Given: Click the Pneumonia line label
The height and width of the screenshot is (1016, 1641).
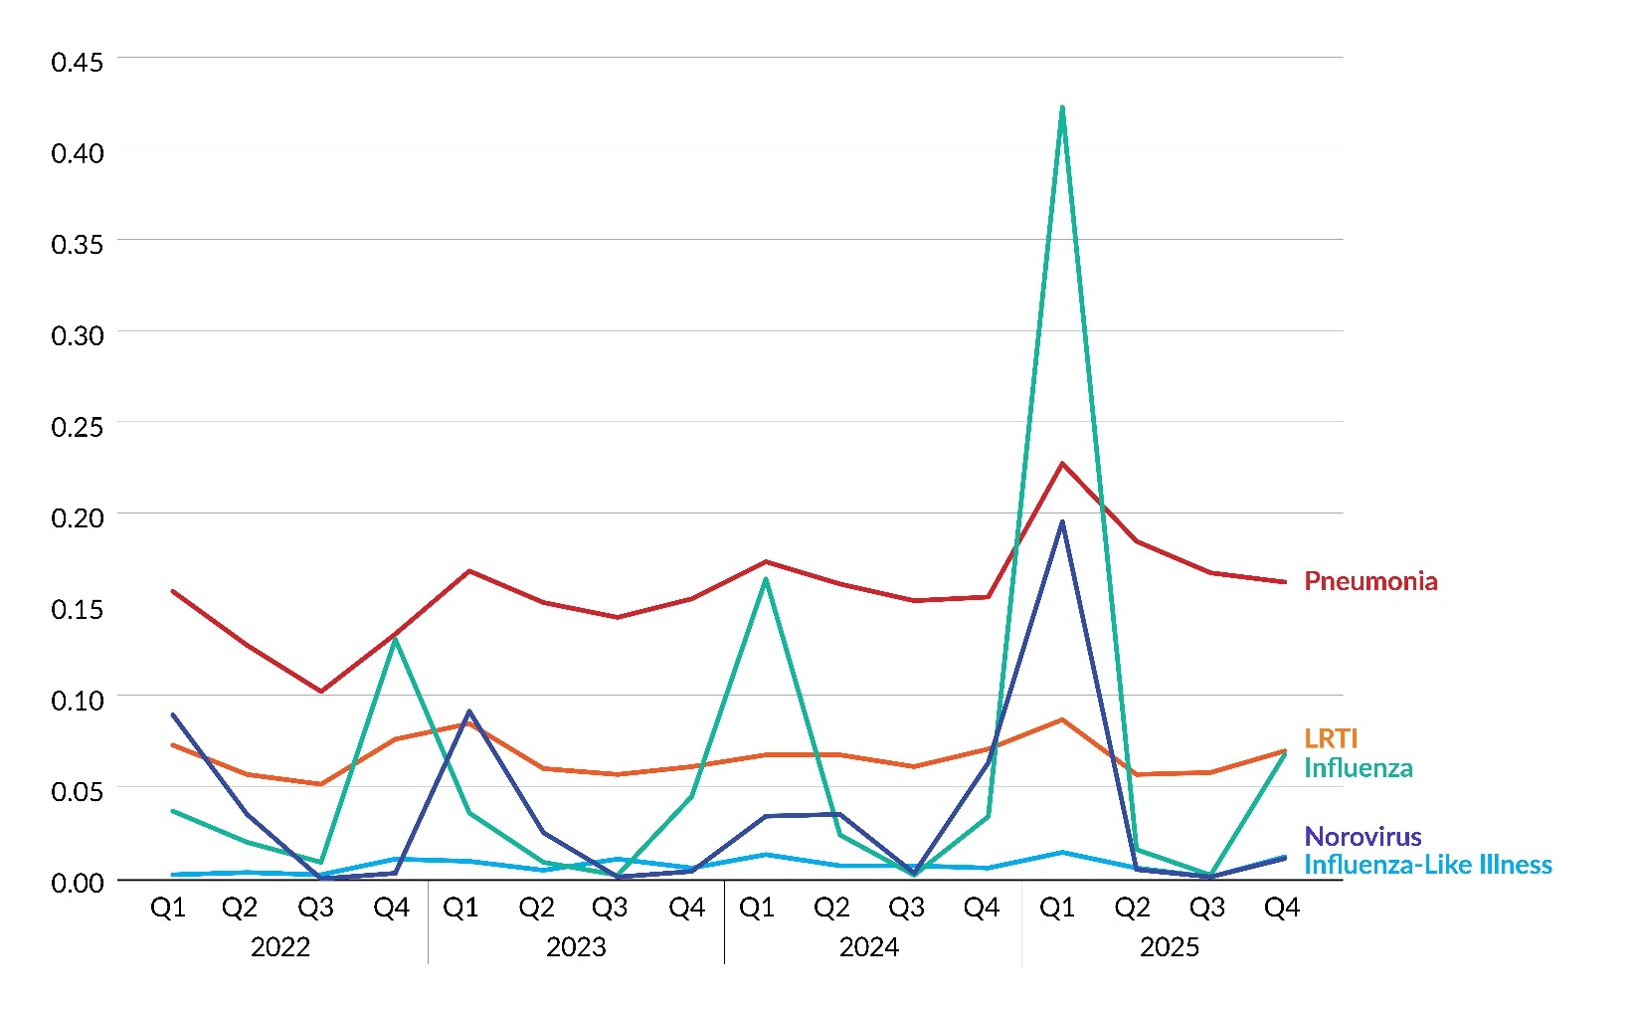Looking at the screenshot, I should coord(1369,581).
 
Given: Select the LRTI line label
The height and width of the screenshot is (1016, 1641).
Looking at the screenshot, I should coord(1330,738).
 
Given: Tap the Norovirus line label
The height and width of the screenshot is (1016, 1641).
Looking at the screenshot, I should coord(1362,837).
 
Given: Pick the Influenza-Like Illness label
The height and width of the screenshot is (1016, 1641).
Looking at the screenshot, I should coord(1427,865).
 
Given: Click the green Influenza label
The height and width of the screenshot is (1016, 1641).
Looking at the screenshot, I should coord(1358,768).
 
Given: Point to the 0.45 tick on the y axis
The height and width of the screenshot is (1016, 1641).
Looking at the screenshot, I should coord(77,62).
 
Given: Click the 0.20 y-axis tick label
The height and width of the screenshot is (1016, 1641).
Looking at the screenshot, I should coord(77,517).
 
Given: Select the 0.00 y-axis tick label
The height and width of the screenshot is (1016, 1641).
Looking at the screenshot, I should coord(77,882).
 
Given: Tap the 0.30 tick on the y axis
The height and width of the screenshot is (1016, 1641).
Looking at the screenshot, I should coord(77,335).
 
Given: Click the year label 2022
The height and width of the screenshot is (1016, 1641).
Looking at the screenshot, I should coord(279,946).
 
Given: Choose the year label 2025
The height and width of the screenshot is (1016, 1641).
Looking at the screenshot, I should coord(1169,946).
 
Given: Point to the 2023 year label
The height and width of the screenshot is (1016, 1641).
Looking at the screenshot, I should coord(576,946).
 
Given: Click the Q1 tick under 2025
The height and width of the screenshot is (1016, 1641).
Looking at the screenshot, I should coord(1057,908).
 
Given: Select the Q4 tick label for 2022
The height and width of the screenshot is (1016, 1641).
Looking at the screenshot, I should coord(391,908).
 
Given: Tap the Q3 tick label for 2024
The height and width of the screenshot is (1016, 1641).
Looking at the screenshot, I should coord(906,908).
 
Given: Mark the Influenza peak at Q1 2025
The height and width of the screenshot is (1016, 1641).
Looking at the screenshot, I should coord(1062,107).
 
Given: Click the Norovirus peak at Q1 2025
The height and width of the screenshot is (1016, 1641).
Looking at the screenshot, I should coord(1062,521).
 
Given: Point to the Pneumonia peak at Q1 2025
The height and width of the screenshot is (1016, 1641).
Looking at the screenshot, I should coord(1062,463).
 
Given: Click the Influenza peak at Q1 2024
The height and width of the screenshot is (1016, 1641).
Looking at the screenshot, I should coord(766,578).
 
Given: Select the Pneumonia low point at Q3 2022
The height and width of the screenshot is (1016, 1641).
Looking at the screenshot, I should coord(320,691).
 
